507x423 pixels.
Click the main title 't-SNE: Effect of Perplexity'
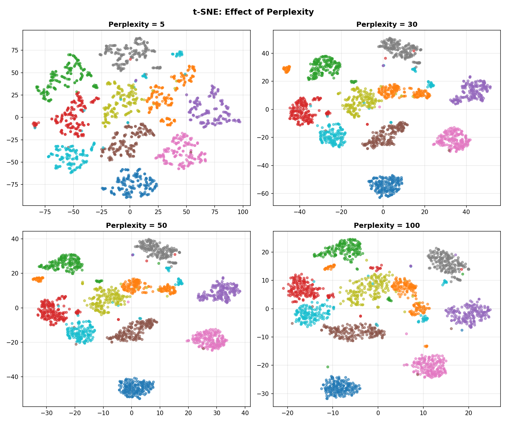click(253, 12)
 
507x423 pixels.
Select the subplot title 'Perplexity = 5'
click(136, 25)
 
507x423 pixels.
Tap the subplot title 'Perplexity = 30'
click(387, 25)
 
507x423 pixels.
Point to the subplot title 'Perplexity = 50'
click(136, 226)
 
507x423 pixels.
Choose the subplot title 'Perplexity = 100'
click(387, 226)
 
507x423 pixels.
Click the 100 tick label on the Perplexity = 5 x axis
click(243, 212)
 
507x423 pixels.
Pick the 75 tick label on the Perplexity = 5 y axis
click(15, 50)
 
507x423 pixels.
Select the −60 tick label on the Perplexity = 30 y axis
click(263, 193)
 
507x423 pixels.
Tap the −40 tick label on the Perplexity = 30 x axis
click(299, 212)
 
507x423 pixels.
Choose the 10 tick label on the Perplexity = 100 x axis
click(423, 413)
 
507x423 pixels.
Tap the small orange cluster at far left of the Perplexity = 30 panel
click(286, 69)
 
